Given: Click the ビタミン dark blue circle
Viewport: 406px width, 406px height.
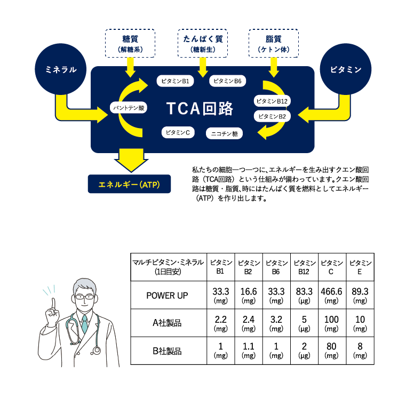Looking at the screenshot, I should coord(346,69).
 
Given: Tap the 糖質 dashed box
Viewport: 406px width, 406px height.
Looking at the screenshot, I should coord(130,43).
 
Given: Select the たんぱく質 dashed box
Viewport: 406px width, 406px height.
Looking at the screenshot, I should coord(202,43).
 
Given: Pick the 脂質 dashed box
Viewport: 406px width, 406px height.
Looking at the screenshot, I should coord(274,43).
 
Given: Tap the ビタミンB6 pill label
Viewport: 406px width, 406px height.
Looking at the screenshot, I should coord(227,81).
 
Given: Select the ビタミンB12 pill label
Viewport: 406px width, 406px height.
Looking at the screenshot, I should coord(272,100).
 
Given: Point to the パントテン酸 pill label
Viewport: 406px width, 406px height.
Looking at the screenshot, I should coord(128,108).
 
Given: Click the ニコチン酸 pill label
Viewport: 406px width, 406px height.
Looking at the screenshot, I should coord(225,132).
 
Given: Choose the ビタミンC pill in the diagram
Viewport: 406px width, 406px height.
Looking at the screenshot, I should coord(178,132).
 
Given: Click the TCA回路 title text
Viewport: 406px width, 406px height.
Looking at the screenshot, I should coord(200,108).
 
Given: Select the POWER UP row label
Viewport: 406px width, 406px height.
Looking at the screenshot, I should coord(167,295).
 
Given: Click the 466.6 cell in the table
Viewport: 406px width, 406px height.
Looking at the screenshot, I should coord(331,295).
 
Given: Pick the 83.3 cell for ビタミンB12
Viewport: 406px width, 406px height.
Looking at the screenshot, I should coord(304,295).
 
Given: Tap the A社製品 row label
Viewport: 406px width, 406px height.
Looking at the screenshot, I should coord(167,323).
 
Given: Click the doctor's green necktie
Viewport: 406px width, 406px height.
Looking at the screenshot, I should coord(84,323).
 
